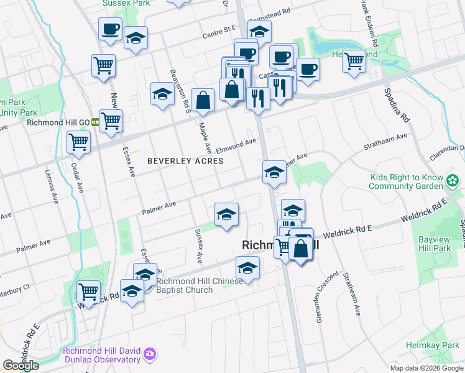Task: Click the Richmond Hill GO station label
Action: [58, 122]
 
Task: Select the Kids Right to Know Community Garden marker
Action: [454, 182]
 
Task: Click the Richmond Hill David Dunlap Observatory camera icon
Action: [149, 355]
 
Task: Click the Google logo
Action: [21, 365]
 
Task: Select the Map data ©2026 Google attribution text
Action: [427, 368]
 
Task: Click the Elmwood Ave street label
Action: [236, 145]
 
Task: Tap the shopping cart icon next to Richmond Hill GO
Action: [111, 121]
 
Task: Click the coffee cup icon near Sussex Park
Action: [110, 29]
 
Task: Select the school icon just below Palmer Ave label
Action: [226, 215]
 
